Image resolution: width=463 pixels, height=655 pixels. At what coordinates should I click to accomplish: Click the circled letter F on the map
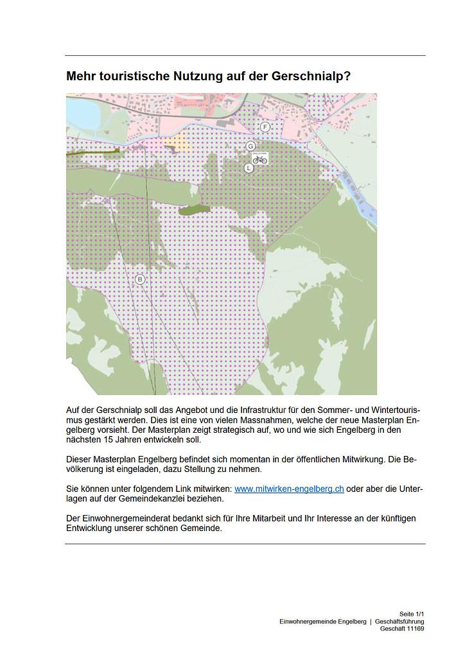coord(265,127)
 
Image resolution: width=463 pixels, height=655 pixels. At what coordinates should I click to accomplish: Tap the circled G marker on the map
coord(251,146)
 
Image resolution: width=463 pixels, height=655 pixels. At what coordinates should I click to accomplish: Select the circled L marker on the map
coord(249,168)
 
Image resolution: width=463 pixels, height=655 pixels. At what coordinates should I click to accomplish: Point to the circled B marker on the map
coord(140,279)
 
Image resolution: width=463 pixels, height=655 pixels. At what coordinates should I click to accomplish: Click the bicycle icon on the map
coord(260,157)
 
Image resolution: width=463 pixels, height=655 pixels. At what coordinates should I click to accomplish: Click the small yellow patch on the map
coord(179,143)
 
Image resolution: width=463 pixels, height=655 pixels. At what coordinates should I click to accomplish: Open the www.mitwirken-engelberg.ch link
coord(289,489)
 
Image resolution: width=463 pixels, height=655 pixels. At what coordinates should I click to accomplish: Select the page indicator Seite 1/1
coord(411,615)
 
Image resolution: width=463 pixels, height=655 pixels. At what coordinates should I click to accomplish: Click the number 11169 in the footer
coord(414,629)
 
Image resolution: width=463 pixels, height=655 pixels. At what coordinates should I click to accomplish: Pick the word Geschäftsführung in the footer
coord(399,622)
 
